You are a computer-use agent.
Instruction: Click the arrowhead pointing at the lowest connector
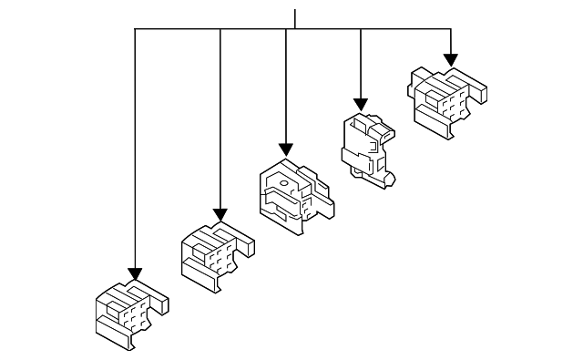(135, 274)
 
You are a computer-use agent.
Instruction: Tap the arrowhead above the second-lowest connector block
(220, 214)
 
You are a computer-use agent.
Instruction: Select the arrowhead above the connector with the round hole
(286, 149)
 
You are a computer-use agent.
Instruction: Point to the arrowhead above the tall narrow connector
(361, 105)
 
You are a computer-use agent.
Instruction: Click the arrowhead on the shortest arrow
(450, 60)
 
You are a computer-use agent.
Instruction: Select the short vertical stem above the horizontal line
(294, 18)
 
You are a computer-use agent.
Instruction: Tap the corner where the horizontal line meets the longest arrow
(135, 29)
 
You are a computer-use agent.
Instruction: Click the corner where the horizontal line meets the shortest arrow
(450, 29)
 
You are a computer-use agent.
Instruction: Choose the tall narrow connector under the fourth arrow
(368, 149)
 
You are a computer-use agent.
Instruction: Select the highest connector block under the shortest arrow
(445, 99)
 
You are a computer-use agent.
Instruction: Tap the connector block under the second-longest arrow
(216, 256)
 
